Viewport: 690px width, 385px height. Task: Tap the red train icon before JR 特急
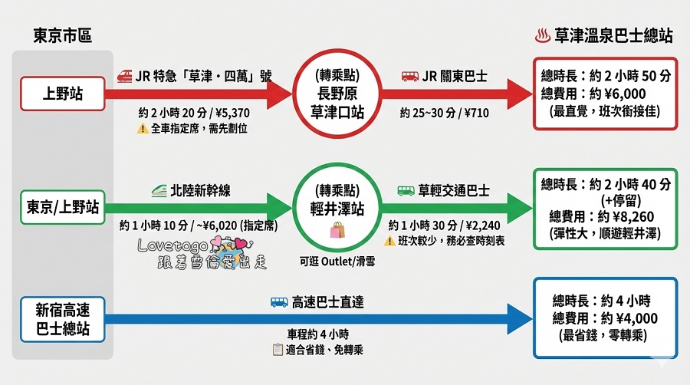click(x=125, y=77)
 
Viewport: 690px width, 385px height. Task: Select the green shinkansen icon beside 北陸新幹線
click(x=159, y=188)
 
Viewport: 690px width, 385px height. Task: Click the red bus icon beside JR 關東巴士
click(x=410, y=77)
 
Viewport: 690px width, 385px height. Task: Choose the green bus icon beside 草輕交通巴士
click(x=406, y=189)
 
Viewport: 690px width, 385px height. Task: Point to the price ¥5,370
click(x=230, y=114)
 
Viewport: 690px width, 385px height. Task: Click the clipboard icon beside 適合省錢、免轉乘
click(x=278, y=350)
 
